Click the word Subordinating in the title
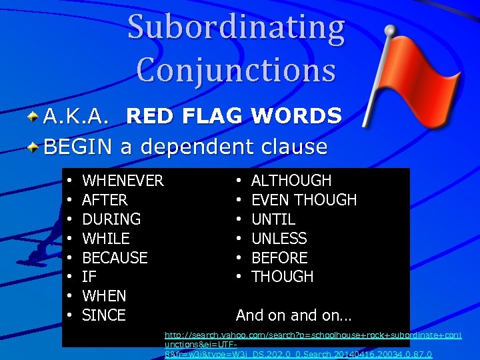coord(236,29)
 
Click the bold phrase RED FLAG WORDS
coord(234,116)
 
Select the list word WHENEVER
coord(123,181)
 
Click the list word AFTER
coord(105,200)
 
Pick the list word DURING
coord(111,219)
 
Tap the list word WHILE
coord(106,238)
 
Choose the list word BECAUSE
coord(115,257)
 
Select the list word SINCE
coord(103,315)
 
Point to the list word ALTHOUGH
coord(291,181)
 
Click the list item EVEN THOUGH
coord(304,200)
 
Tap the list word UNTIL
coord(273,219)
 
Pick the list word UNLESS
coord(279,238)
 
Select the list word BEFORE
coord(279,257)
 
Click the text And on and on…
coord(294,315)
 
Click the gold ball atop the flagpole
coord(389,30)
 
